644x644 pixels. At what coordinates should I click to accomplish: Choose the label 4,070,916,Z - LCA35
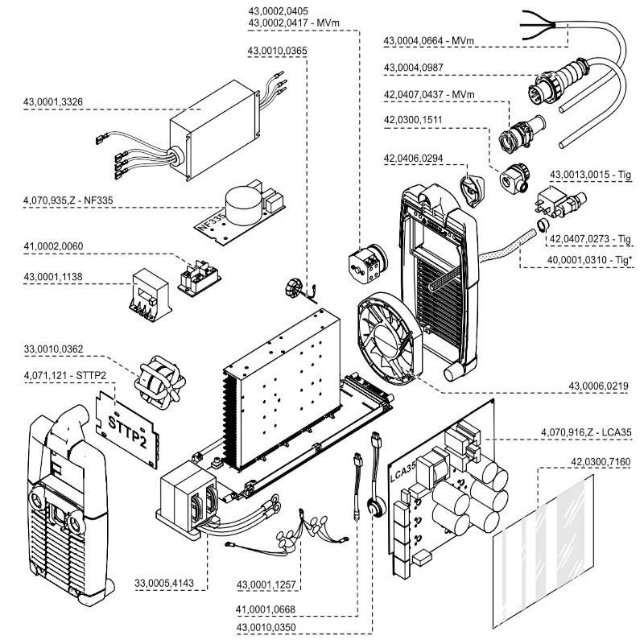pyautogui.click(x=588, y=432)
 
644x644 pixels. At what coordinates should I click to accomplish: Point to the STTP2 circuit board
pyautogui.click(x=130, y=427)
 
